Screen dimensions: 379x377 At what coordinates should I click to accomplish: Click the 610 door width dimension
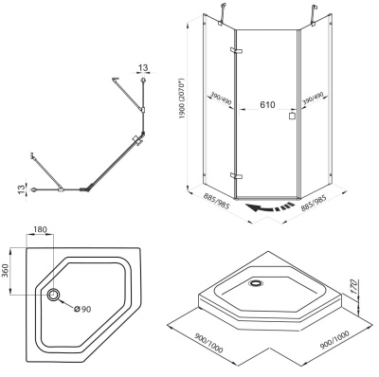click(x=267, y=104)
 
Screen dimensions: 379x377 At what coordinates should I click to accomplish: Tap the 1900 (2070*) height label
click(x=181, y=99)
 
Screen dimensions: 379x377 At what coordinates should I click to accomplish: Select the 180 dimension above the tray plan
click(x=40, y=229)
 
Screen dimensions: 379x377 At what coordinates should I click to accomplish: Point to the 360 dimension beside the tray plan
click(x=6, y=272)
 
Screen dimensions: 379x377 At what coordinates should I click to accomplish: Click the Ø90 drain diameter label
click(x=82, y=309)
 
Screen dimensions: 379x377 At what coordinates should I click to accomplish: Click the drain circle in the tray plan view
click(x=53, y=295)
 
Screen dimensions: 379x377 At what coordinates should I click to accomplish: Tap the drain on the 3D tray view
click(x=255, y=282)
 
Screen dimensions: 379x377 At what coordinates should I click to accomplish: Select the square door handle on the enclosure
click(x=292, y=116)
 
